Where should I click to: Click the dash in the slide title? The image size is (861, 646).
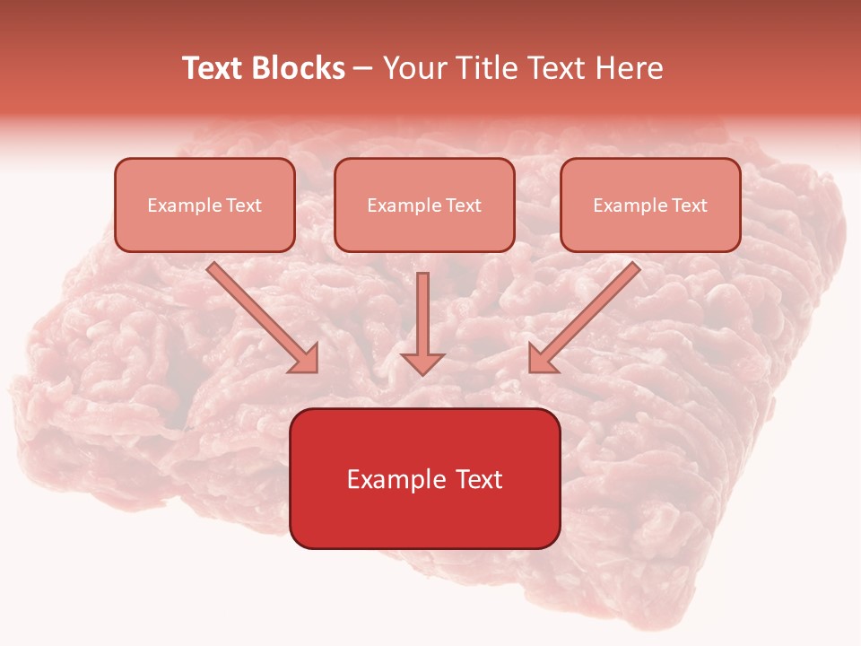coord(363,69)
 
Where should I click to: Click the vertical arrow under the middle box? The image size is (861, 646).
coord(422,314)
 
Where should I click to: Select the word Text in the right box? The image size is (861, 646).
coord(690,205)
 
